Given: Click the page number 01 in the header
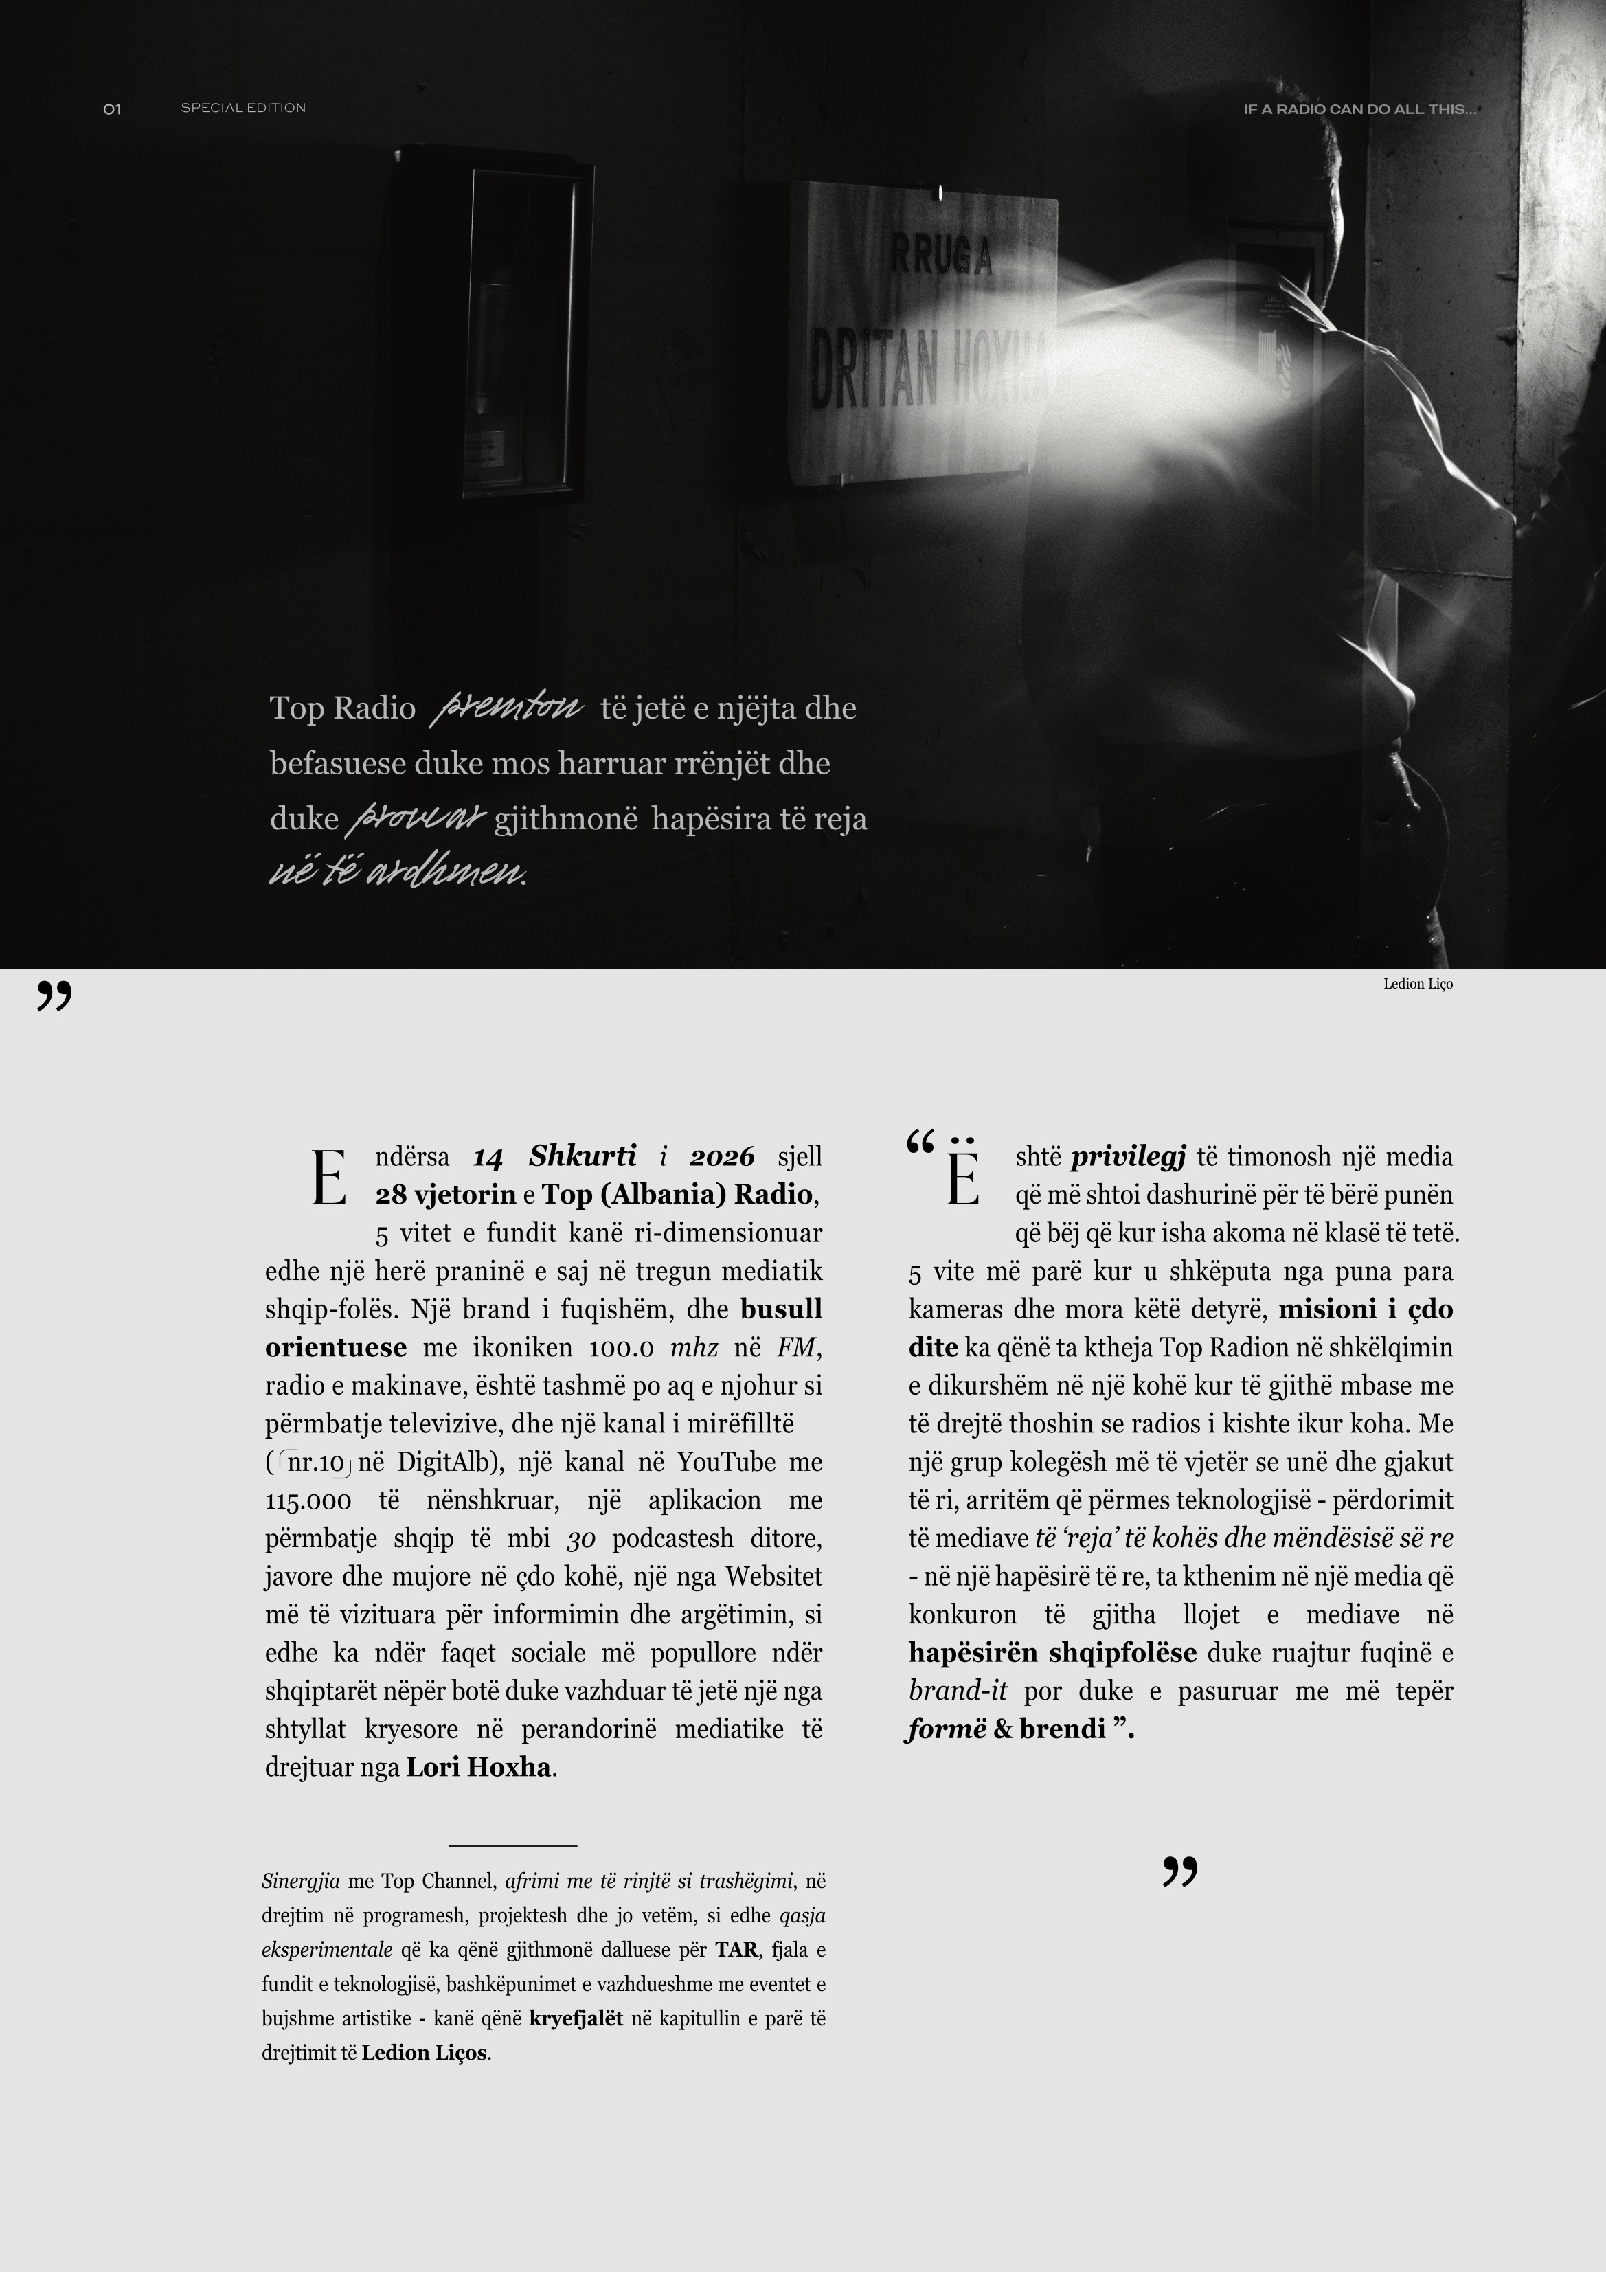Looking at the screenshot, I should click(x=112, y=109).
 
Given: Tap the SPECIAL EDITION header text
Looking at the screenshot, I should click(x=243, y=108).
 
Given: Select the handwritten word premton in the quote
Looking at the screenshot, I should click(x=508, y=708).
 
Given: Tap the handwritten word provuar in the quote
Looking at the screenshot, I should click(x=416, y=818).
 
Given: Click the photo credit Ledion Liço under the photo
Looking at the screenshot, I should click(x=1417, y=984).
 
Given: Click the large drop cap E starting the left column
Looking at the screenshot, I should click(x=328, y=1180).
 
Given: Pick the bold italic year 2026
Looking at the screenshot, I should click(x=721, y=1156).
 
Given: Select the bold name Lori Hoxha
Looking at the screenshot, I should click(x=479, y=1767).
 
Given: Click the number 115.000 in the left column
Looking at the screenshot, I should click(x=308, y=1501).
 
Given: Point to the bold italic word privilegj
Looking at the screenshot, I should click(x=1128, y=1156).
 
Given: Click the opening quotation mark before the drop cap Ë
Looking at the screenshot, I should click(x=920, y=1144).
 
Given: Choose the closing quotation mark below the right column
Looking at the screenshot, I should click(x=1179, y=1871).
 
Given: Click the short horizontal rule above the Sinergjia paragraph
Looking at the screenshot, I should click(x=512, y=1845).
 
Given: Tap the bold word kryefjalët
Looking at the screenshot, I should click(x=576, y=2018).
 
